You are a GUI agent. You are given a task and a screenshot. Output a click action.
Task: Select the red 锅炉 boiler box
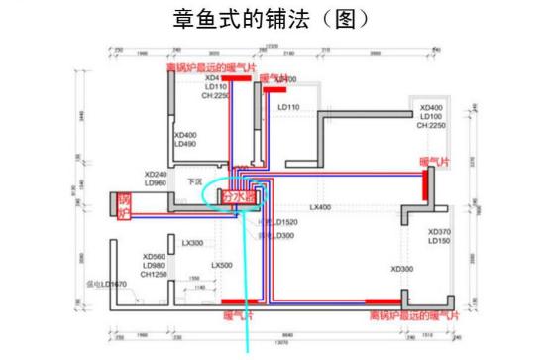coord(125,204)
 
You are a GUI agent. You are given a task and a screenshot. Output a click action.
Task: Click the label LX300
coord(192,243)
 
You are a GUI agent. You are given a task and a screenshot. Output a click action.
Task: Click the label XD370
coord(439,232)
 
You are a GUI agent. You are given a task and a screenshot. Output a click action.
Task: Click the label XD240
coord(156,173)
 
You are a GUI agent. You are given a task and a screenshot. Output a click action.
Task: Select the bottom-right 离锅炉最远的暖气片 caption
coord(414,315)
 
